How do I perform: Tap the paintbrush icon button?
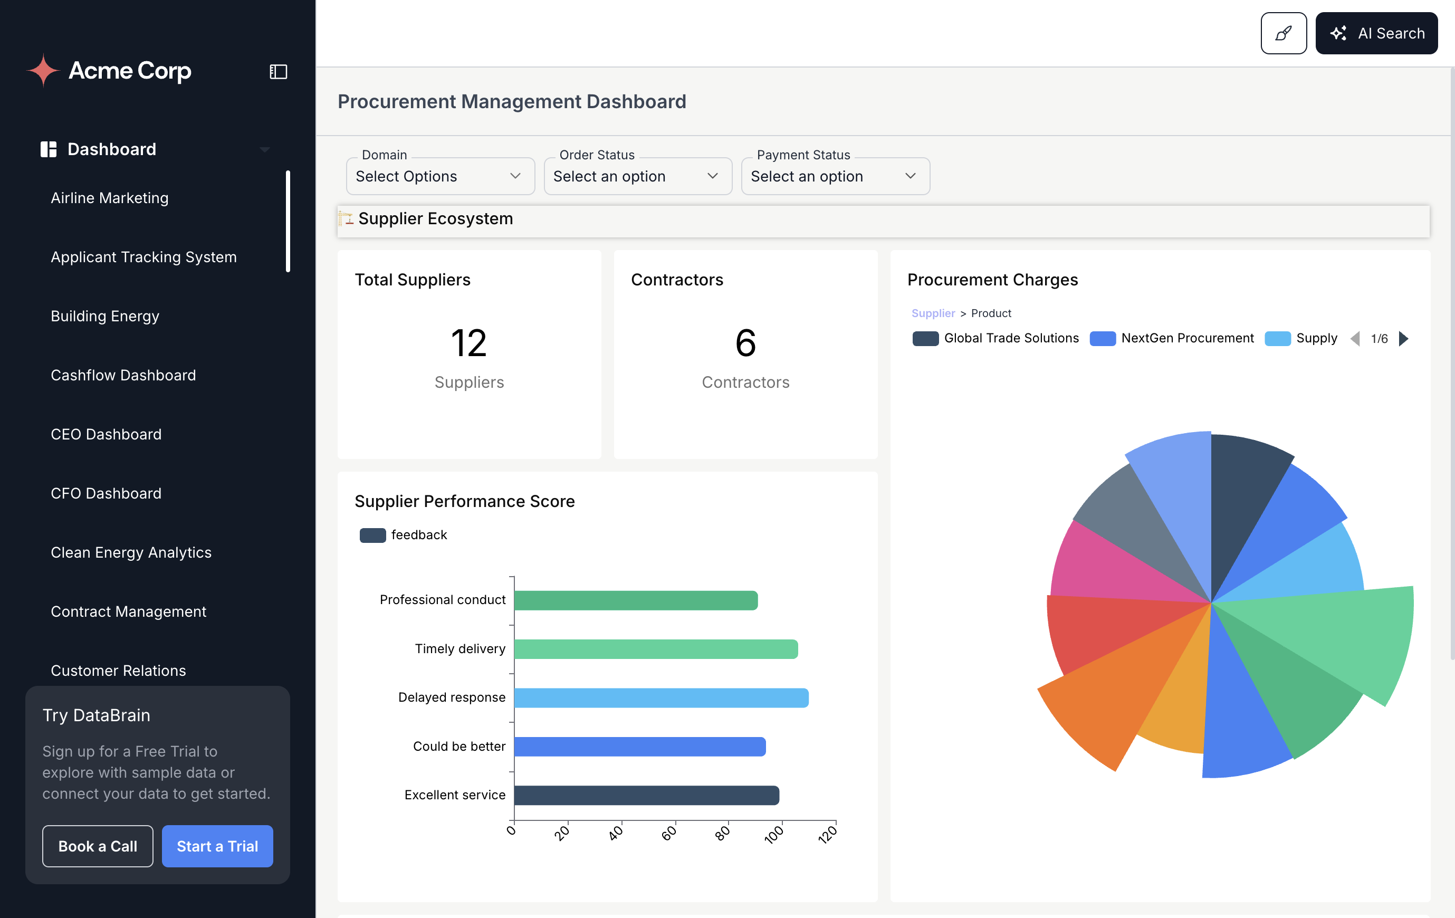tap(1283, 33)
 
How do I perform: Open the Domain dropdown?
tap(440, 176)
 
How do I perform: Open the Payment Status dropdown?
tap(835, 176)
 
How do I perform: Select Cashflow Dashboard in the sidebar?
tap(123, 375)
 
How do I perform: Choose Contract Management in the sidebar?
tap(128, 611)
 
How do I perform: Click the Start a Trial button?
tap(217, 846)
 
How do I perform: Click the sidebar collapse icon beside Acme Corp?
tap(278, 72)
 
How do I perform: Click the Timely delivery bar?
tap(656, 649)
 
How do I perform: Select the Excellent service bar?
tap(646, 795)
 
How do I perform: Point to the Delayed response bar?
tap(661, 698)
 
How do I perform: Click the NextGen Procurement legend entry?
tap(1172, 338)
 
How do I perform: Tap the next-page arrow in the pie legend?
tap(1404, 338)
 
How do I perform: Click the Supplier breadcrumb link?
tap(933, 313)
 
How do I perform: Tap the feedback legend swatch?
tap(372, 535)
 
